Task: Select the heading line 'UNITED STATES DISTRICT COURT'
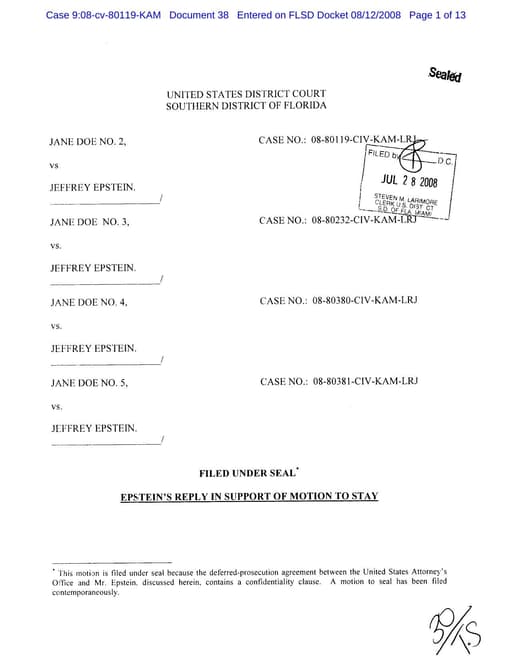click(x=246, y=94)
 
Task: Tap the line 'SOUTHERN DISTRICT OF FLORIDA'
click(x=246, y=106)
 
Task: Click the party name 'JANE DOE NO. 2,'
click(x=88, y=141)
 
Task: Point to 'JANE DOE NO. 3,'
click(x=89, y=221)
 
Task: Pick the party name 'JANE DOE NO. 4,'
click(x=89, y=301)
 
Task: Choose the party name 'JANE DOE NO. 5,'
click(x=89, y=382)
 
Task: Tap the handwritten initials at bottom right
click(x=453, y=628)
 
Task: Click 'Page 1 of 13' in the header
click(x=437, y=16)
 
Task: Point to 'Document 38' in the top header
click(x=199, y=16)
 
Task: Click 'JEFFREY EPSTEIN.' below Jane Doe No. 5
click(x=93, y=427)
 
